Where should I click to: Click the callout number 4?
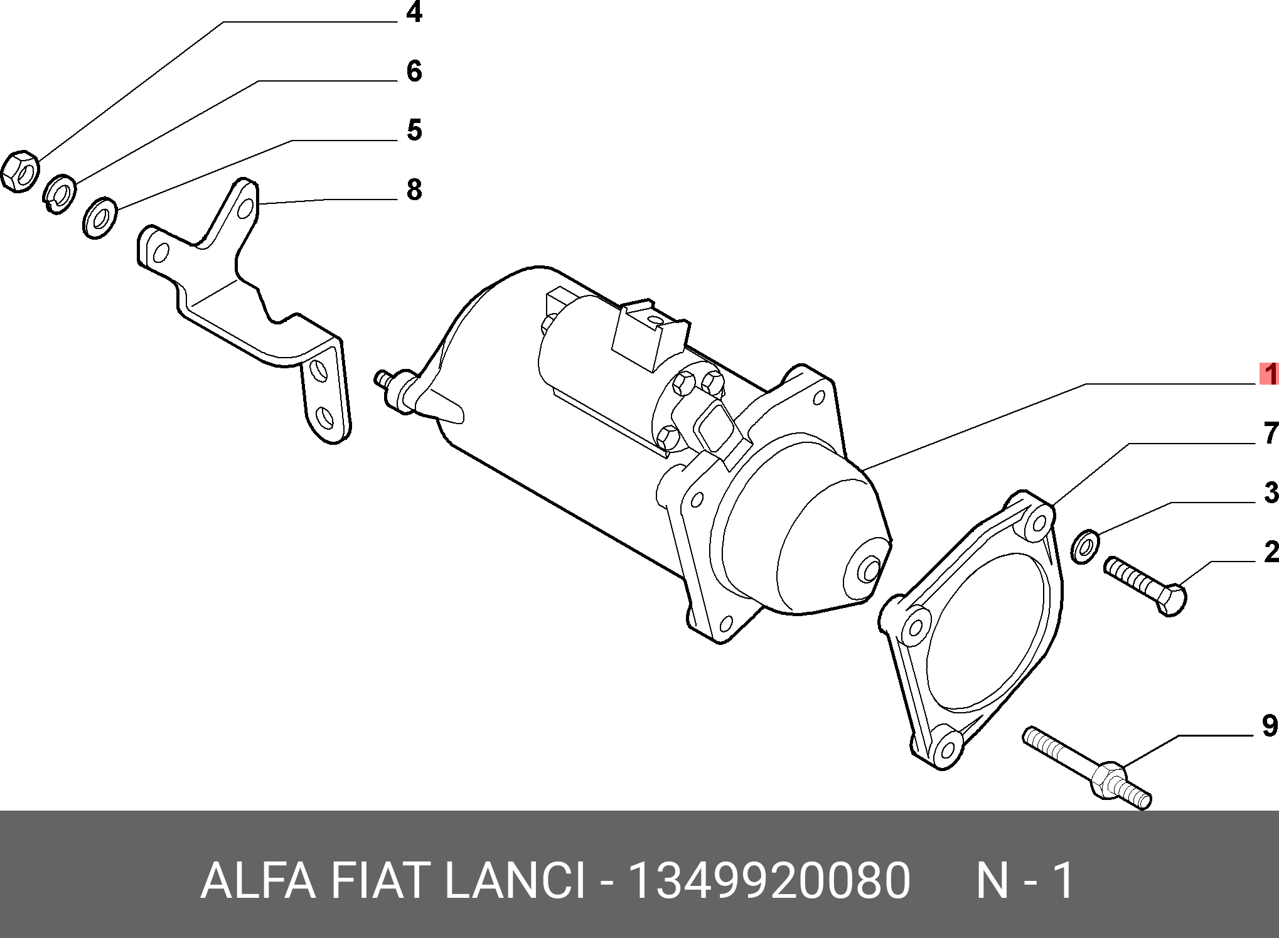[x=414, y=12]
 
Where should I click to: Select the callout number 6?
[x=414, y=71]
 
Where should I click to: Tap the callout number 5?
[x=414, y=130]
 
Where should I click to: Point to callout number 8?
[x=414, y=189]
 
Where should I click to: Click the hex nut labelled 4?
[x=19, y=171]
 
